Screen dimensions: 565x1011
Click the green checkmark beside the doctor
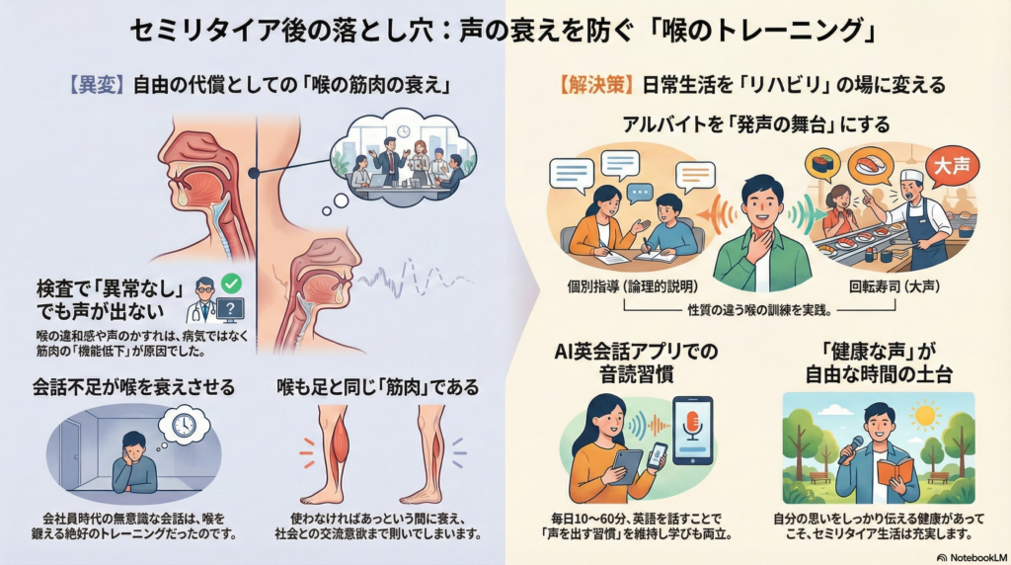click(x=231, y=283)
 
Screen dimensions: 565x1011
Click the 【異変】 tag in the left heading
click(x=96, y=86)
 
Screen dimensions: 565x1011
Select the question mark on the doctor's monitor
click(x=230, y=310)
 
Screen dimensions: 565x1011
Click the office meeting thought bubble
click(x=401, y=158)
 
